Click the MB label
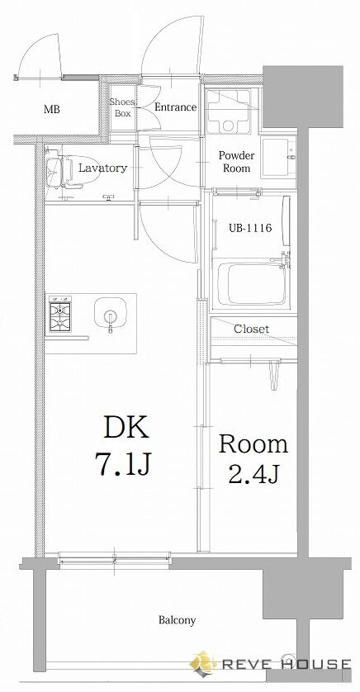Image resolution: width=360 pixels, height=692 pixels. (51, 109)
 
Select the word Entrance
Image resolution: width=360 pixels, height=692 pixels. (175, 107)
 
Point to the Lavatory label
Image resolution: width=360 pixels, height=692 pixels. (102, 168)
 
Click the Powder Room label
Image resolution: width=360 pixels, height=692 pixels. (236, 162)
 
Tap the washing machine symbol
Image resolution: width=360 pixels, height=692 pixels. (228, 111)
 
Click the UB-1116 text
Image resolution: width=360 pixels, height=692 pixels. (249, 228)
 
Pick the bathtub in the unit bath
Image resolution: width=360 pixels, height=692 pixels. (253, 284)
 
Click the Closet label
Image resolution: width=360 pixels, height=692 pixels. (251, 329)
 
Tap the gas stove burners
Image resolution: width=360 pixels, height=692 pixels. (60, 315)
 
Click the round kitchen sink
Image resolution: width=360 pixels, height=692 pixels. (111, 312)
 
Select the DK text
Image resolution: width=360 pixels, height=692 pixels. (126, 427)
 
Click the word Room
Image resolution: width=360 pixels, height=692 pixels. (253, 444)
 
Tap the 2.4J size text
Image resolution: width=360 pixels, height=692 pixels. (253, 473)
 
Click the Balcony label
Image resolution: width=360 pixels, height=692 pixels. (177, 620)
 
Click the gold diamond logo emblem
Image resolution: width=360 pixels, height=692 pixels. (204, 663)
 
